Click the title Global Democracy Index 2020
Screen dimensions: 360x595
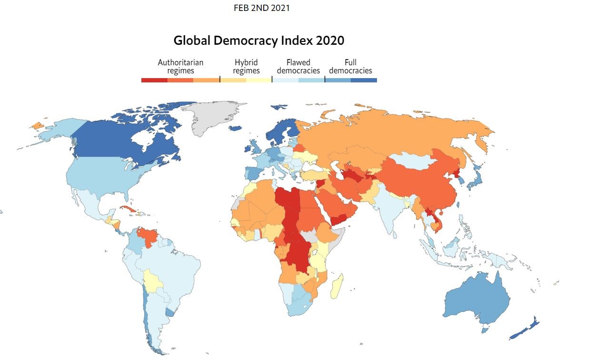click(x=258, y=40)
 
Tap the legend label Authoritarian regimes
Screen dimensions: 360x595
click(x=180, y=66)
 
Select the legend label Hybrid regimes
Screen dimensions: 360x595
click(x=246, y=66)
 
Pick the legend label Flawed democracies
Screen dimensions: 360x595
click(x=298, y=66)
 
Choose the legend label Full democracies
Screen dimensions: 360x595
click(x=350, y=66)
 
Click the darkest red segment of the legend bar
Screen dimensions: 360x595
click(x=154, y=80)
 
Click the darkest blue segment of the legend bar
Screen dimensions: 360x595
click(x=364, y=80)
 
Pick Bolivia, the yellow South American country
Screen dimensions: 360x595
click(x=153, y=280)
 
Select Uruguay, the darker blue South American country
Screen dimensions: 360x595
click(x=169, y=312)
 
